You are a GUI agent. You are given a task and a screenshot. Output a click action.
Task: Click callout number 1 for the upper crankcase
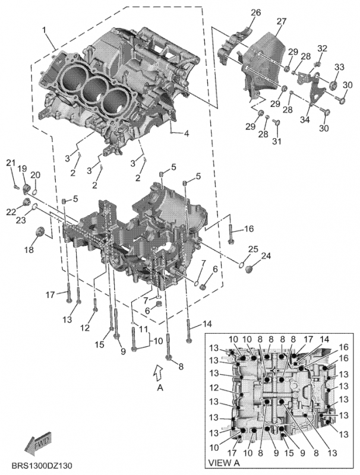pyautogui.click(x=45, y=30)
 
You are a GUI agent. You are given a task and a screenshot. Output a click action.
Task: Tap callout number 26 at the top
pyautogui.click(x=255, y=13)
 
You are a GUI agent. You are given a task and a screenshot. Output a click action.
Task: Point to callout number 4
pyautogui.click(x=186, y=134)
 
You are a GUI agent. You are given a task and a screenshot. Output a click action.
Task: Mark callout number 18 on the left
pyautogui.click(x=29, y=251)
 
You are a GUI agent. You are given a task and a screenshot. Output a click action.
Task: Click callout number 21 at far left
pyautogui.click(x=10, y=163)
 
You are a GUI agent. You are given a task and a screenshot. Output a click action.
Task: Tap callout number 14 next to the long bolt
pyautogui.click(x=207, y=324)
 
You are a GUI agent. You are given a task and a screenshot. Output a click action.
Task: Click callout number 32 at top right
pyautogui.click(x=322, y=48)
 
